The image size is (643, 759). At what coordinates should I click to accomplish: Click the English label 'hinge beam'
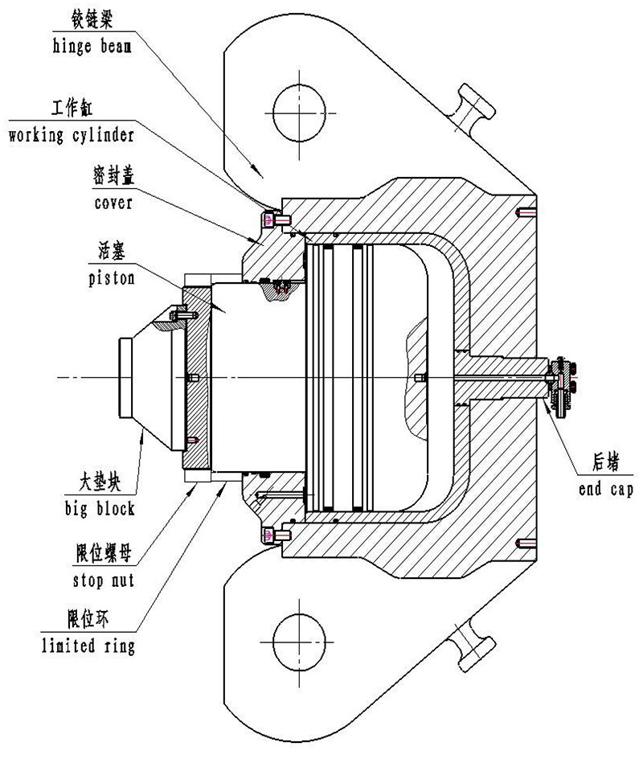tap(92, 47)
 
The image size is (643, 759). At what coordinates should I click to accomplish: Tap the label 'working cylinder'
tap(71, 135)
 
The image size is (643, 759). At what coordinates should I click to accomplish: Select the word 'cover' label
tap(113, 203)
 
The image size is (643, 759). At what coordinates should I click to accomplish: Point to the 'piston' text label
tap(111, 278)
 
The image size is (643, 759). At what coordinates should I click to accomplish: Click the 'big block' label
tap(100, 509)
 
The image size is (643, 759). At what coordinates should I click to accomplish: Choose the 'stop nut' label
tap(103, 580)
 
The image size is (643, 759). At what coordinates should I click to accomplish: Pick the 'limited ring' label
tap(88, 646)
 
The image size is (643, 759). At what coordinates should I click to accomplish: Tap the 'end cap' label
tap(606, 489)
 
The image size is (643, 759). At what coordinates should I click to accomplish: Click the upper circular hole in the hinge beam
tap(299, 113)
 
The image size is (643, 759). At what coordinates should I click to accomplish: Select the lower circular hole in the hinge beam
tap(299, 642)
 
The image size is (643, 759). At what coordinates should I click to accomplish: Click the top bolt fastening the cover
tap(276, 221)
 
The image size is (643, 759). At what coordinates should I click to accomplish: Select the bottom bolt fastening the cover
tap(276, 535)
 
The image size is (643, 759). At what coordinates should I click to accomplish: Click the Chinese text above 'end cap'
tap(606, 462)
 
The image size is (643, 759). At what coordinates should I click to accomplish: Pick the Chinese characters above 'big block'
tap(100, 482)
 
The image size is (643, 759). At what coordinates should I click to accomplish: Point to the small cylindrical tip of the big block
tap(125, 378)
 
